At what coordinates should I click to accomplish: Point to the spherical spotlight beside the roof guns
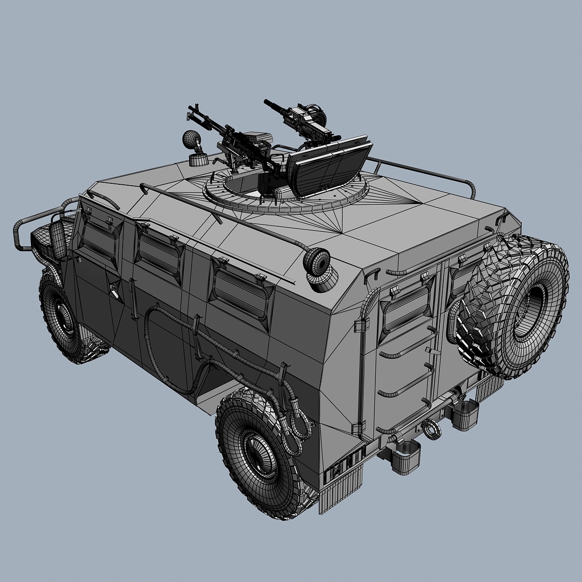pyautogui.click(x=190, y=140)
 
